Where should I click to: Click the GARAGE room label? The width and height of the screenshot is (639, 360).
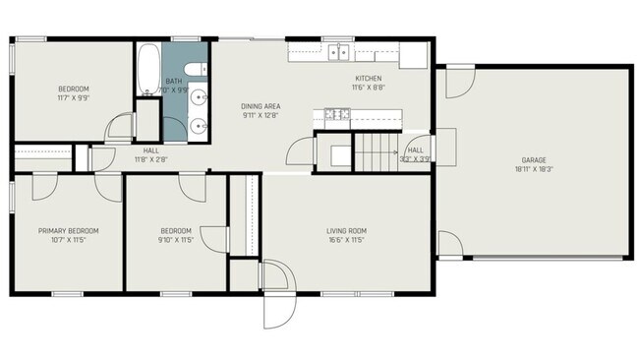point(534,160)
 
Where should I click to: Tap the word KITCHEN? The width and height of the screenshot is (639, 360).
point(368,79)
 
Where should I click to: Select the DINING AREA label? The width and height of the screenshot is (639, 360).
point(261,106)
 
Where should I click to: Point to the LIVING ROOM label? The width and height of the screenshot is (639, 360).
point(346,231)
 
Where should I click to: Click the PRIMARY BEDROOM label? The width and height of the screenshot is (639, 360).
point(68,231)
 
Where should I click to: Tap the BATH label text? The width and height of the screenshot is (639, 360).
point(174,82)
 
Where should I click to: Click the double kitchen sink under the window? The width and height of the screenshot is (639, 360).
point(340,53)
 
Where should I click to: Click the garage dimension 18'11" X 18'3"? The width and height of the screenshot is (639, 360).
point(534,169)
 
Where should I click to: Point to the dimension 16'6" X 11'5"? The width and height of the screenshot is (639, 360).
point(346,240)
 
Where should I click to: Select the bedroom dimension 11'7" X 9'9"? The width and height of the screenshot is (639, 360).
point(75,98)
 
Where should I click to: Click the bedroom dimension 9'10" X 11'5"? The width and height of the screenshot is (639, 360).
point(176,240)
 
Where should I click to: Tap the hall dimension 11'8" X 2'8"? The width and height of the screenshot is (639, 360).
point(150,158)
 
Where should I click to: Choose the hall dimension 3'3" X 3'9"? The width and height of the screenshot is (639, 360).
point(415,158)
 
